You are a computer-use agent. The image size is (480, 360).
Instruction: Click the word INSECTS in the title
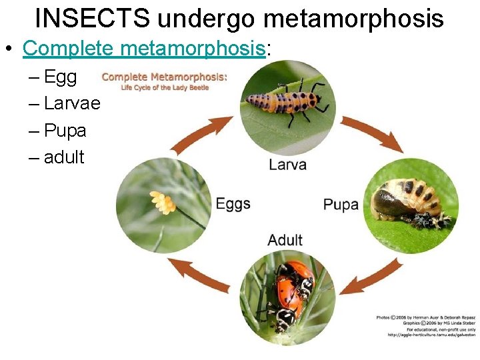(93, 18)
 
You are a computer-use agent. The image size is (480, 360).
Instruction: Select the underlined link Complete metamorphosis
(144, 48)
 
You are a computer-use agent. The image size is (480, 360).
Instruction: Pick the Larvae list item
(72, 104)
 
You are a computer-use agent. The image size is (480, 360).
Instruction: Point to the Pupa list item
(65, 131)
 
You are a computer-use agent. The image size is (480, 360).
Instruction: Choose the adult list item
(64, 157)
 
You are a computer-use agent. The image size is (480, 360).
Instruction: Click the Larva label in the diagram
(287, 164)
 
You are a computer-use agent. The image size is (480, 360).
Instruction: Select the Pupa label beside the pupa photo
(340, 204)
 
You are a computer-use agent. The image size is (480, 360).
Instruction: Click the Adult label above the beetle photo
(285, 239)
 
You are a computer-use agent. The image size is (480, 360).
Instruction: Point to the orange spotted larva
(283, 101)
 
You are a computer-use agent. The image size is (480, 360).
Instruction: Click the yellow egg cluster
(161, 201)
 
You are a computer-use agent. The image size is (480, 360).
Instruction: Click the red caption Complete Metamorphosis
(164, 77)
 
